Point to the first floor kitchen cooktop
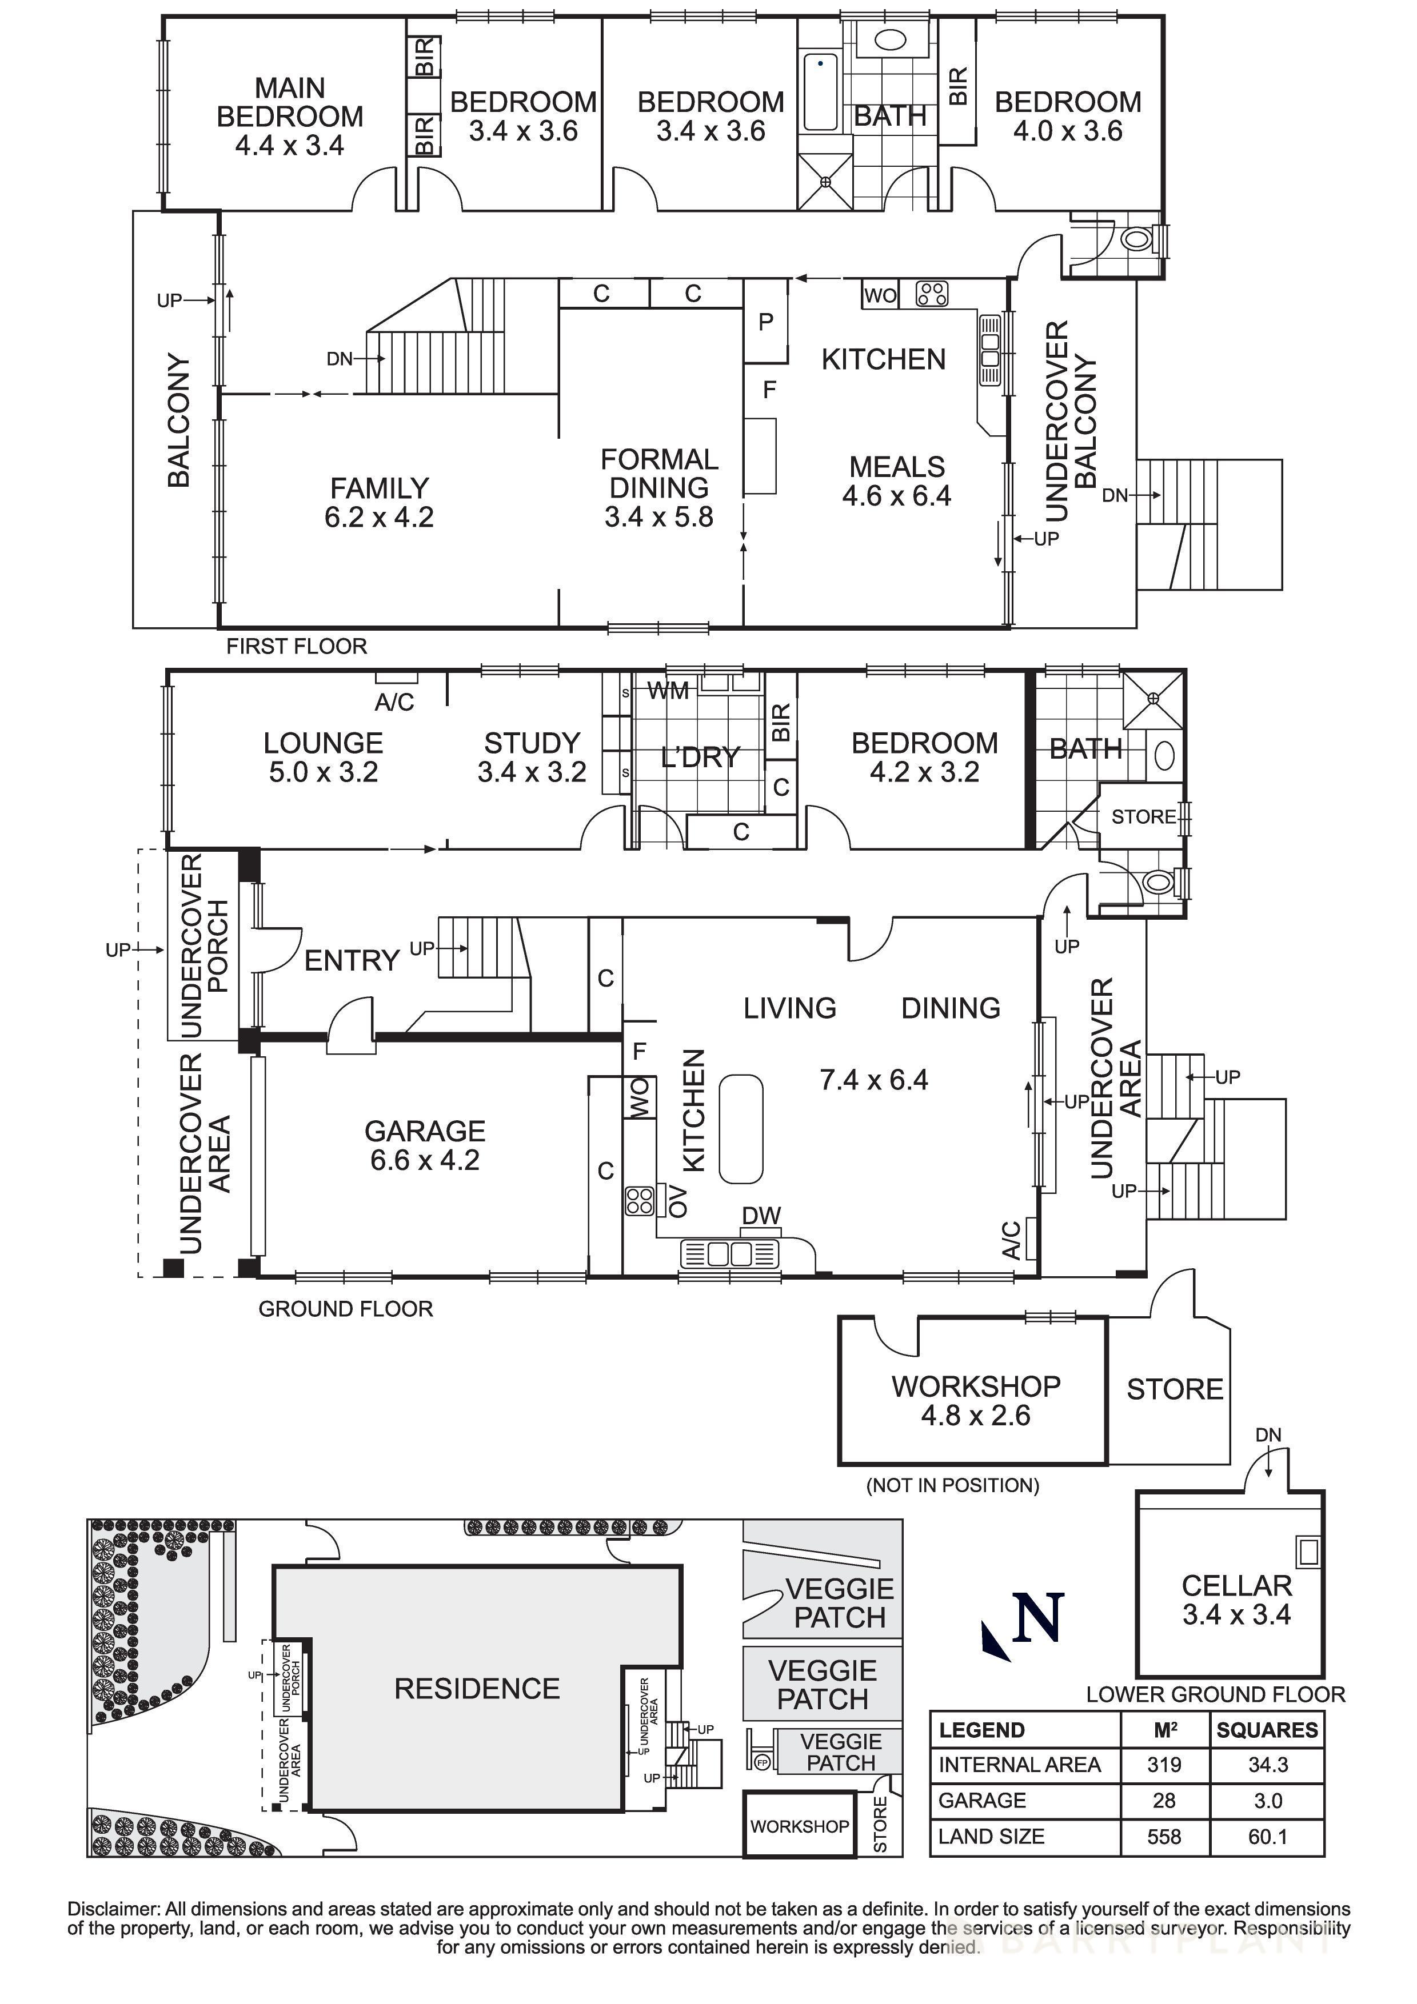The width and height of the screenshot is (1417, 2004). [x=932, y=294]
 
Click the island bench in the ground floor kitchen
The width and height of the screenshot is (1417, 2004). [x=740, y=1129]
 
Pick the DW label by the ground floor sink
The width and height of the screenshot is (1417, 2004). [x=760, y=1216]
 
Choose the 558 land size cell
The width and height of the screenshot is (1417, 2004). [x=1164, y=1837]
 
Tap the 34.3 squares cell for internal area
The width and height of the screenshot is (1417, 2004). [x=1268, y=1765]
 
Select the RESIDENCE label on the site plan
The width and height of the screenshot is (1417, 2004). [x=477, y=1689]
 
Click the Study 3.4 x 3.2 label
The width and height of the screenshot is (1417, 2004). [x=532, y=757]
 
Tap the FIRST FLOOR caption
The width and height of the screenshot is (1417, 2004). [x=296, y=646]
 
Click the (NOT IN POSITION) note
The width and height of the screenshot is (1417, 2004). [x=952, y=1485]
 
